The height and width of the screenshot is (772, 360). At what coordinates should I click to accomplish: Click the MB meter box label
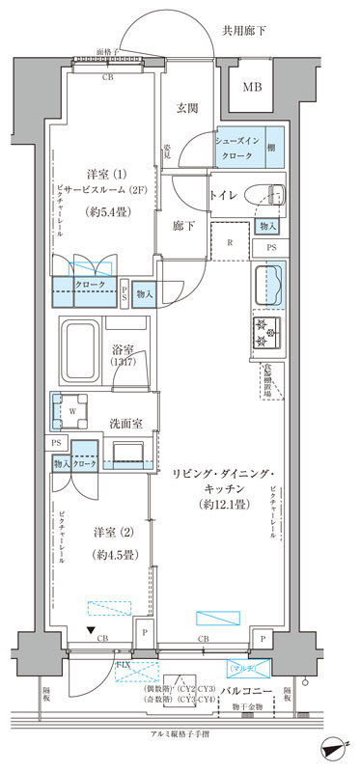(x=251, y=88)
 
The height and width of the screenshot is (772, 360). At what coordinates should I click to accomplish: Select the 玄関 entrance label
(x=187, y=109)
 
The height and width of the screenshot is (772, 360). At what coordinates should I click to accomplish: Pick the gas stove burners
(x=266, y=333)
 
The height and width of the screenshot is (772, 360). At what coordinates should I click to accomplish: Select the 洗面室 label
(x=125, y=422)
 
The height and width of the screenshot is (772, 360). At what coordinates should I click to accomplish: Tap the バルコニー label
(x=260, y=692)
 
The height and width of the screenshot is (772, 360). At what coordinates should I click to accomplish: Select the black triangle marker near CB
(x=91, y=632)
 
